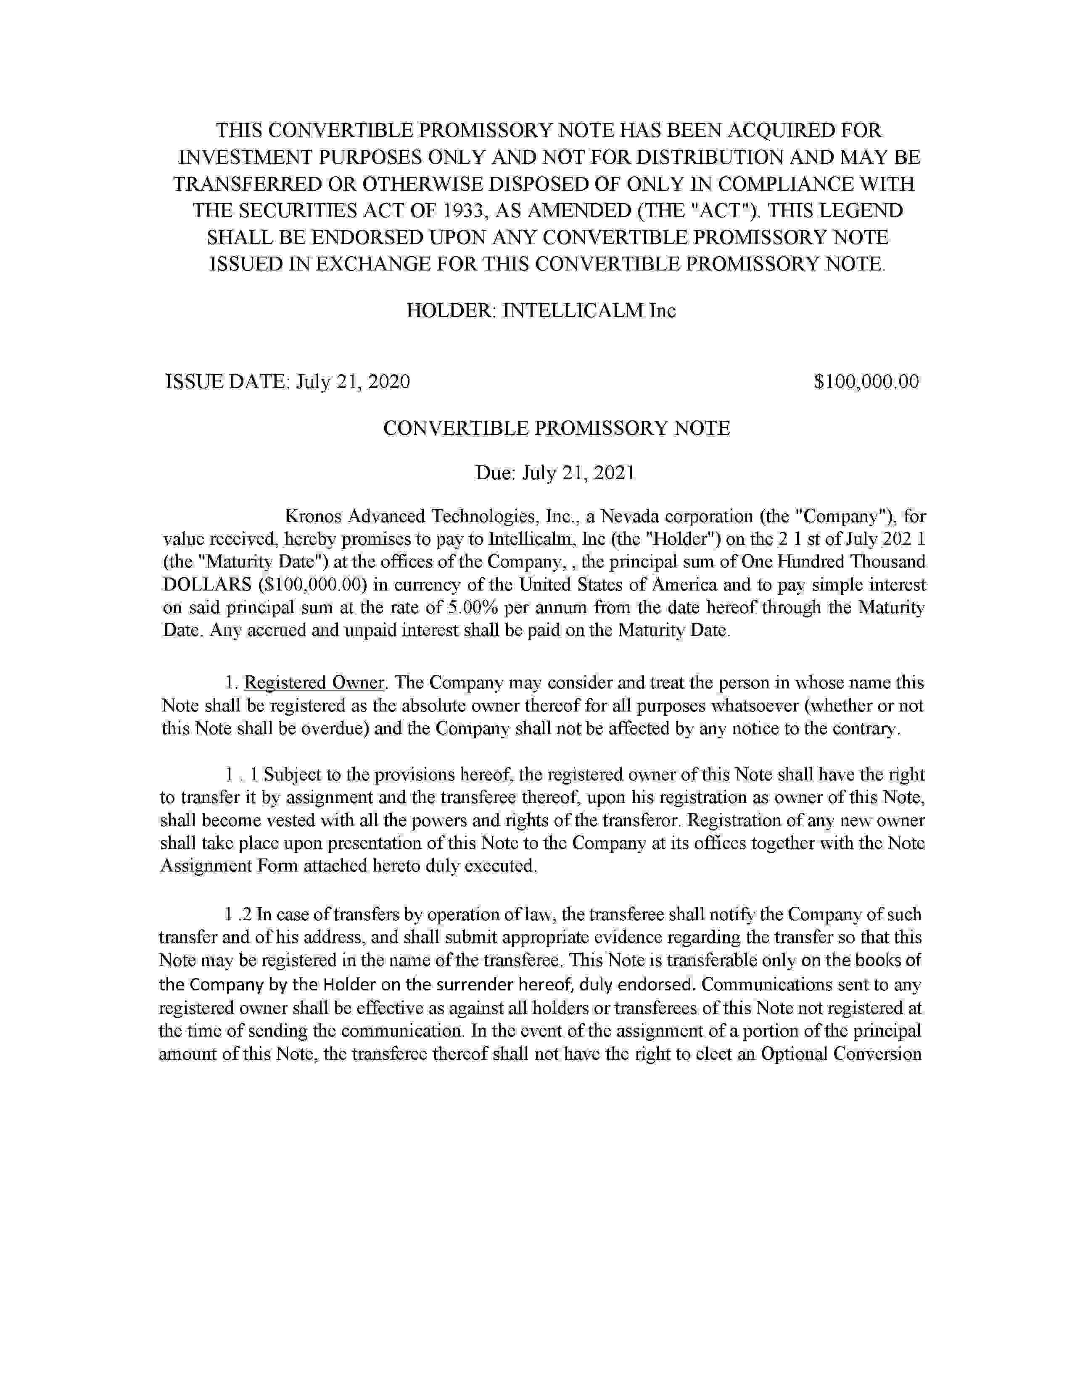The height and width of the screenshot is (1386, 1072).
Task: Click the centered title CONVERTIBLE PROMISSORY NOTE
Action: [556, 428]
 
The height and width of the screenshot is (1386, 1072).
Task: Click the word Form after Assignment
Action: [277, 866]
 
